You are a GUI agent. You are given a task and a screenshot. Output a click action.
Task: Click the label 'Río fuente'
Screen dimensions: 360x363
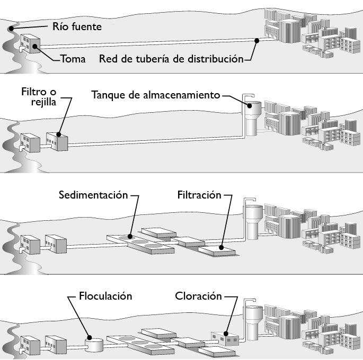[x=77, y=25]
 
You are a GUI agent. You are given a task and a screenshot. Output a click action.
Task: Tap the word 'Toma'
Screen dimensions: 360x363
[x=73, y=58]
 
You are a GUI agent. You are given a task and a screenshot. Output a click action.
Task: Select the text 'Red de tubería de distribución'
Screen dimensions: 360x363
[x=171, y=58]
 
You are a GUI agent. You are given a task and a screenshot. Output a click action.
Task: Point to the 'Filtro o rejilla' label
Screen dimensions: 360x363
[x=38, y=96]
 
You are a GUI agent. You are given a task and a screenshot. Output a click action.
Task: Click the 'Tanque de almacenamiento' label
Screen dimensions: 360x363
[x=155, y=96]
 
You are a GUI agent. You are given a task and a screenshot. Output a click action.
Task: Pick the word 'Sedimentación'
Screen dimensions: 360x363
[x=93, y=195]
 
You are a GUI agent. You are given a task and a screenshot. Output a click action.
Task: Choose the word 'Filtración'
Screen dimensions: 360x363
[x=199, y=195]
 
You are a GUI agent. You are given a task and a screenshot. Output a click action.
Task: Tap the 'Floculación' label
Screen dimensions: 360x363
[x=105, y=296]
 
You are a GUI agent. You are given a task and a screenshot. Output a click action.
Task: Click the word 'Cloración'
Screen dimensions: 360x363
[x=198, y=296]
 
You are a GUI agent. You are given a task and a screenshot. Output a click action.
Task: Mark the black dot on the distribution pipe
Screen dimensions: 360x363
[x=256, y=40]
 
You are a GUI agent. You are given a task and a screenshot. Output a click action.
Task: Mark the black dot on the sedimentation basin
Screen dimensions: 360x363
[x=129, y=236]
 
